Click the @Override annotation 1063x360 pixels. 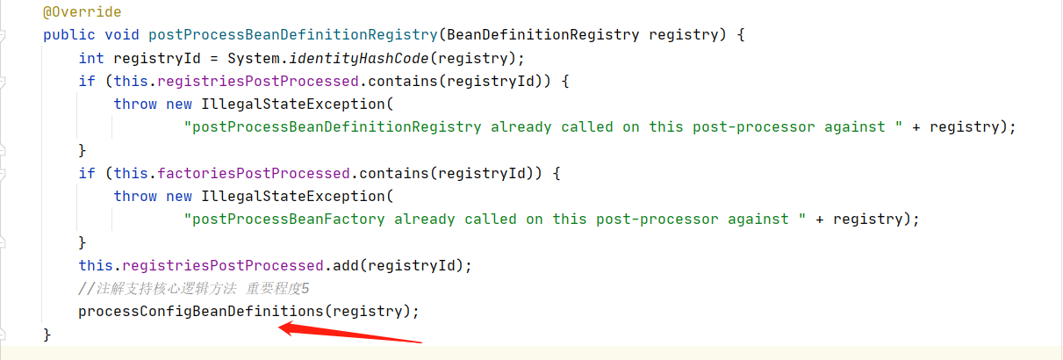[x=82, y=12]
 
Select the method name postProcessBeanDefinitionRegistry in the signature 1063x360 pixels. [x=292, y=35]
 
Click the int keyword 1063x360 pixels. [x=90, y=58]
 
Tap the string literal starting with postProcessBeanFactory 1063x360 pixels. [x=495, y=219]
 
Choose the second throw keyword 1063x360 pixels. [x=134, y=196]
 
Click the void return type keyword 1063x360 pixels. [x=121, y=35]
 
